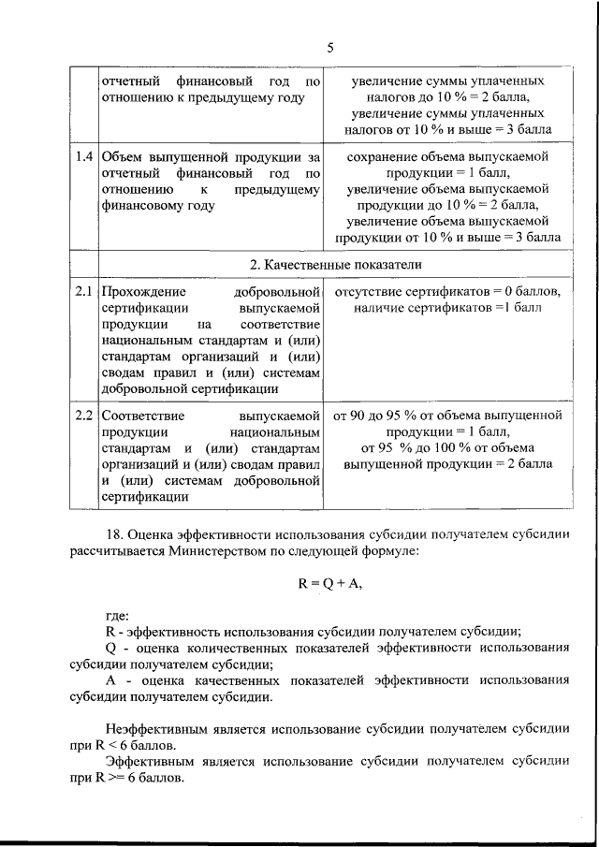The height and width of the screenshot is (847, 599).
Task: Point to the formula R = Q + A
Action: point(330,582)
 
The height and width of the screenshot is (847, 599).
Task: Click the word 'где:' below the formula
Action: point(118,615)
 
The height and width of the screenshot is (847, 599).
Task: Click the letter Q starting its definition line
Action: point(110,649)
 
